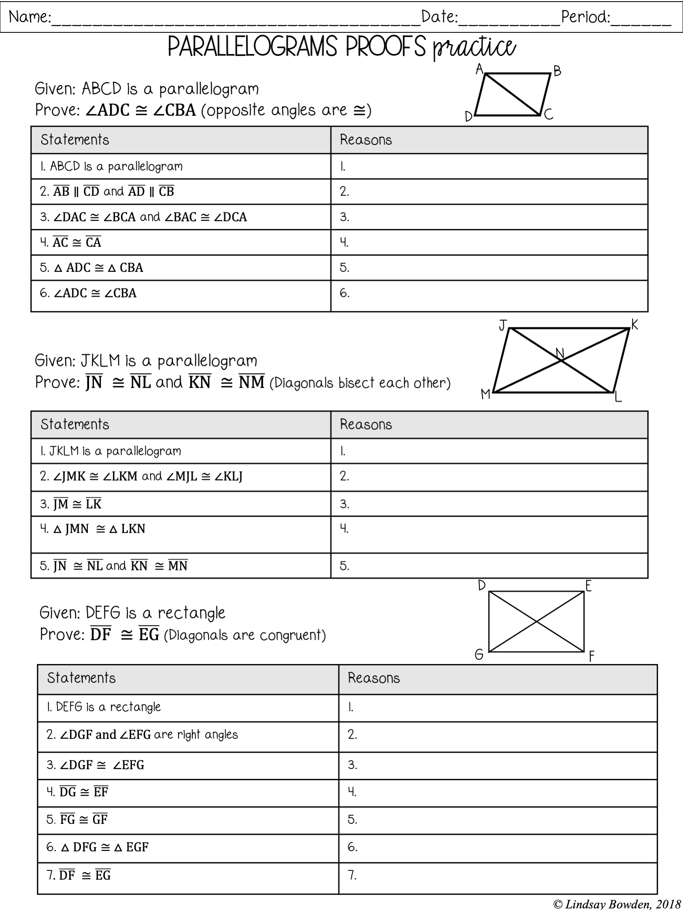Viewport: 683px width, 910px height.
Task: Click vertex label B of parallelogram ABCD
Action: pos(557,71)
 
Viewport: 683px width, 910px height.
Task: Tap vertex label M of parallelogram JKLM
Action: pos(486,395)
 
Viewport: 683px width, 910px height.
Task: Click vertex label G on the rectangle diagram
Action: pos(479,655)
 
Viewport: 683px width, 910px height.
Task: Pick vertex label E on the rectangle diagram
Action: pos(588,586)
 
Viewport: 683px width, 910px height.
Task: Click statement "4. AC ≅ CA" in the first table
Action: pos(71,242)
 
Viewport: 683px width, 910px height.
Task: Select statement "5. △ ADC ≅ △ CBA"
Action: pos(91,268)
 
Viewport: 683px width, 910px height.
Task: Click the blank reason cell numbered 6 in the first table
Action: pos(489,295)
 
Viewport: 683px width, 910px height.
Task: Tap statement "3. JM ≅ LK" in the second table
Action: pos(71,504)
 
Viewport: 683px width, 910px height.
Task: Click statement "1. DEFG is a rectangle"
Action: pos(103,707)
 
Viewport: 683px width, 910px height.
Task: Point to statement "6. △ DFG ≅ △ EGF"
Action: pos(97,847)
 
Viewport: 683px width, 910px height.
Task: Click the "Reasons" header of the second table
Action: pos(366,424)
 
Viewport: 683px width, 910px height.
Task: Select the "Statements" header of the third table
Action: pos(81,678)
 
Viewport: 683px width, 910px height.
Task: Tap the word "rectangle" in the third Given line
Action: pos(191,613)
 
